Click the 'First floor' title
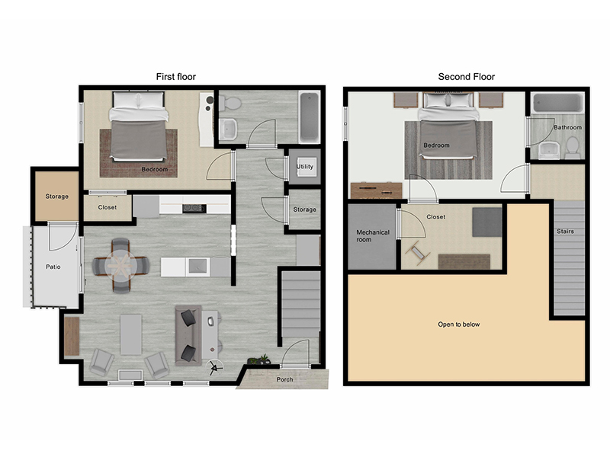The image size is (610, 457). tap(176, 77)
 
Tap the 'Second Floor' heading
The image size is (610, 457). tap(467, 77)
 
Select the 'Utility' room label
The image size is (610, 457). tap(304, 166)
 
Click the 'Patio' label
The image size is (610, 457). tap(53, 267)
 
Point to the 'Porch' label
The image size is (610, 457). tap(284, 379)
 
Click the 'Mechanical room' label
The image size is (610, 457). tap(373, 236)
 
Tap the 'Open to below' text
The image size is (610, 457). tap(459, 324)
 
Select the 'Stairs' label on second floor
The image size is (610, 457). tap(565, 232)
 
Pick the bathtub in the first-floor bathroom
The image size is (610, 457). tap(310, 117)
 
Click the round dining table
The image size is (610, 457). tap(121, 265)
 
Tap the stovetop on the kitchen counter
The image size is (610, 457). tap(194, 208)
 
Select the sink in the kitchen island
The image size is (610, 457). tap(198, 267)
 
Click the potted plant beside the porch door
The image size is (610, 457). tap(259, 360)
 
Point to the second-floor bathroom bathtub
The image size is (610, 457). tap(557, 103)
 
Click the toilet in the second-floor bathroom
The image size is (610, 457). tap(573, 147)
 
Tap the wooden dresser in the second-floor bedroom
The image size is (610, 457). tap(376, 190)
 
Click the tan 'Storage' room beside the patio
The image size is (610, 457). tap(56, 197)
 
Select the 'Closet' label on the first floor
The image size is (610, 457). tap(108, 207)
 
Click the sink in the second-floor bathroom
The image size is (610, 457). tap(549, 149)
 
